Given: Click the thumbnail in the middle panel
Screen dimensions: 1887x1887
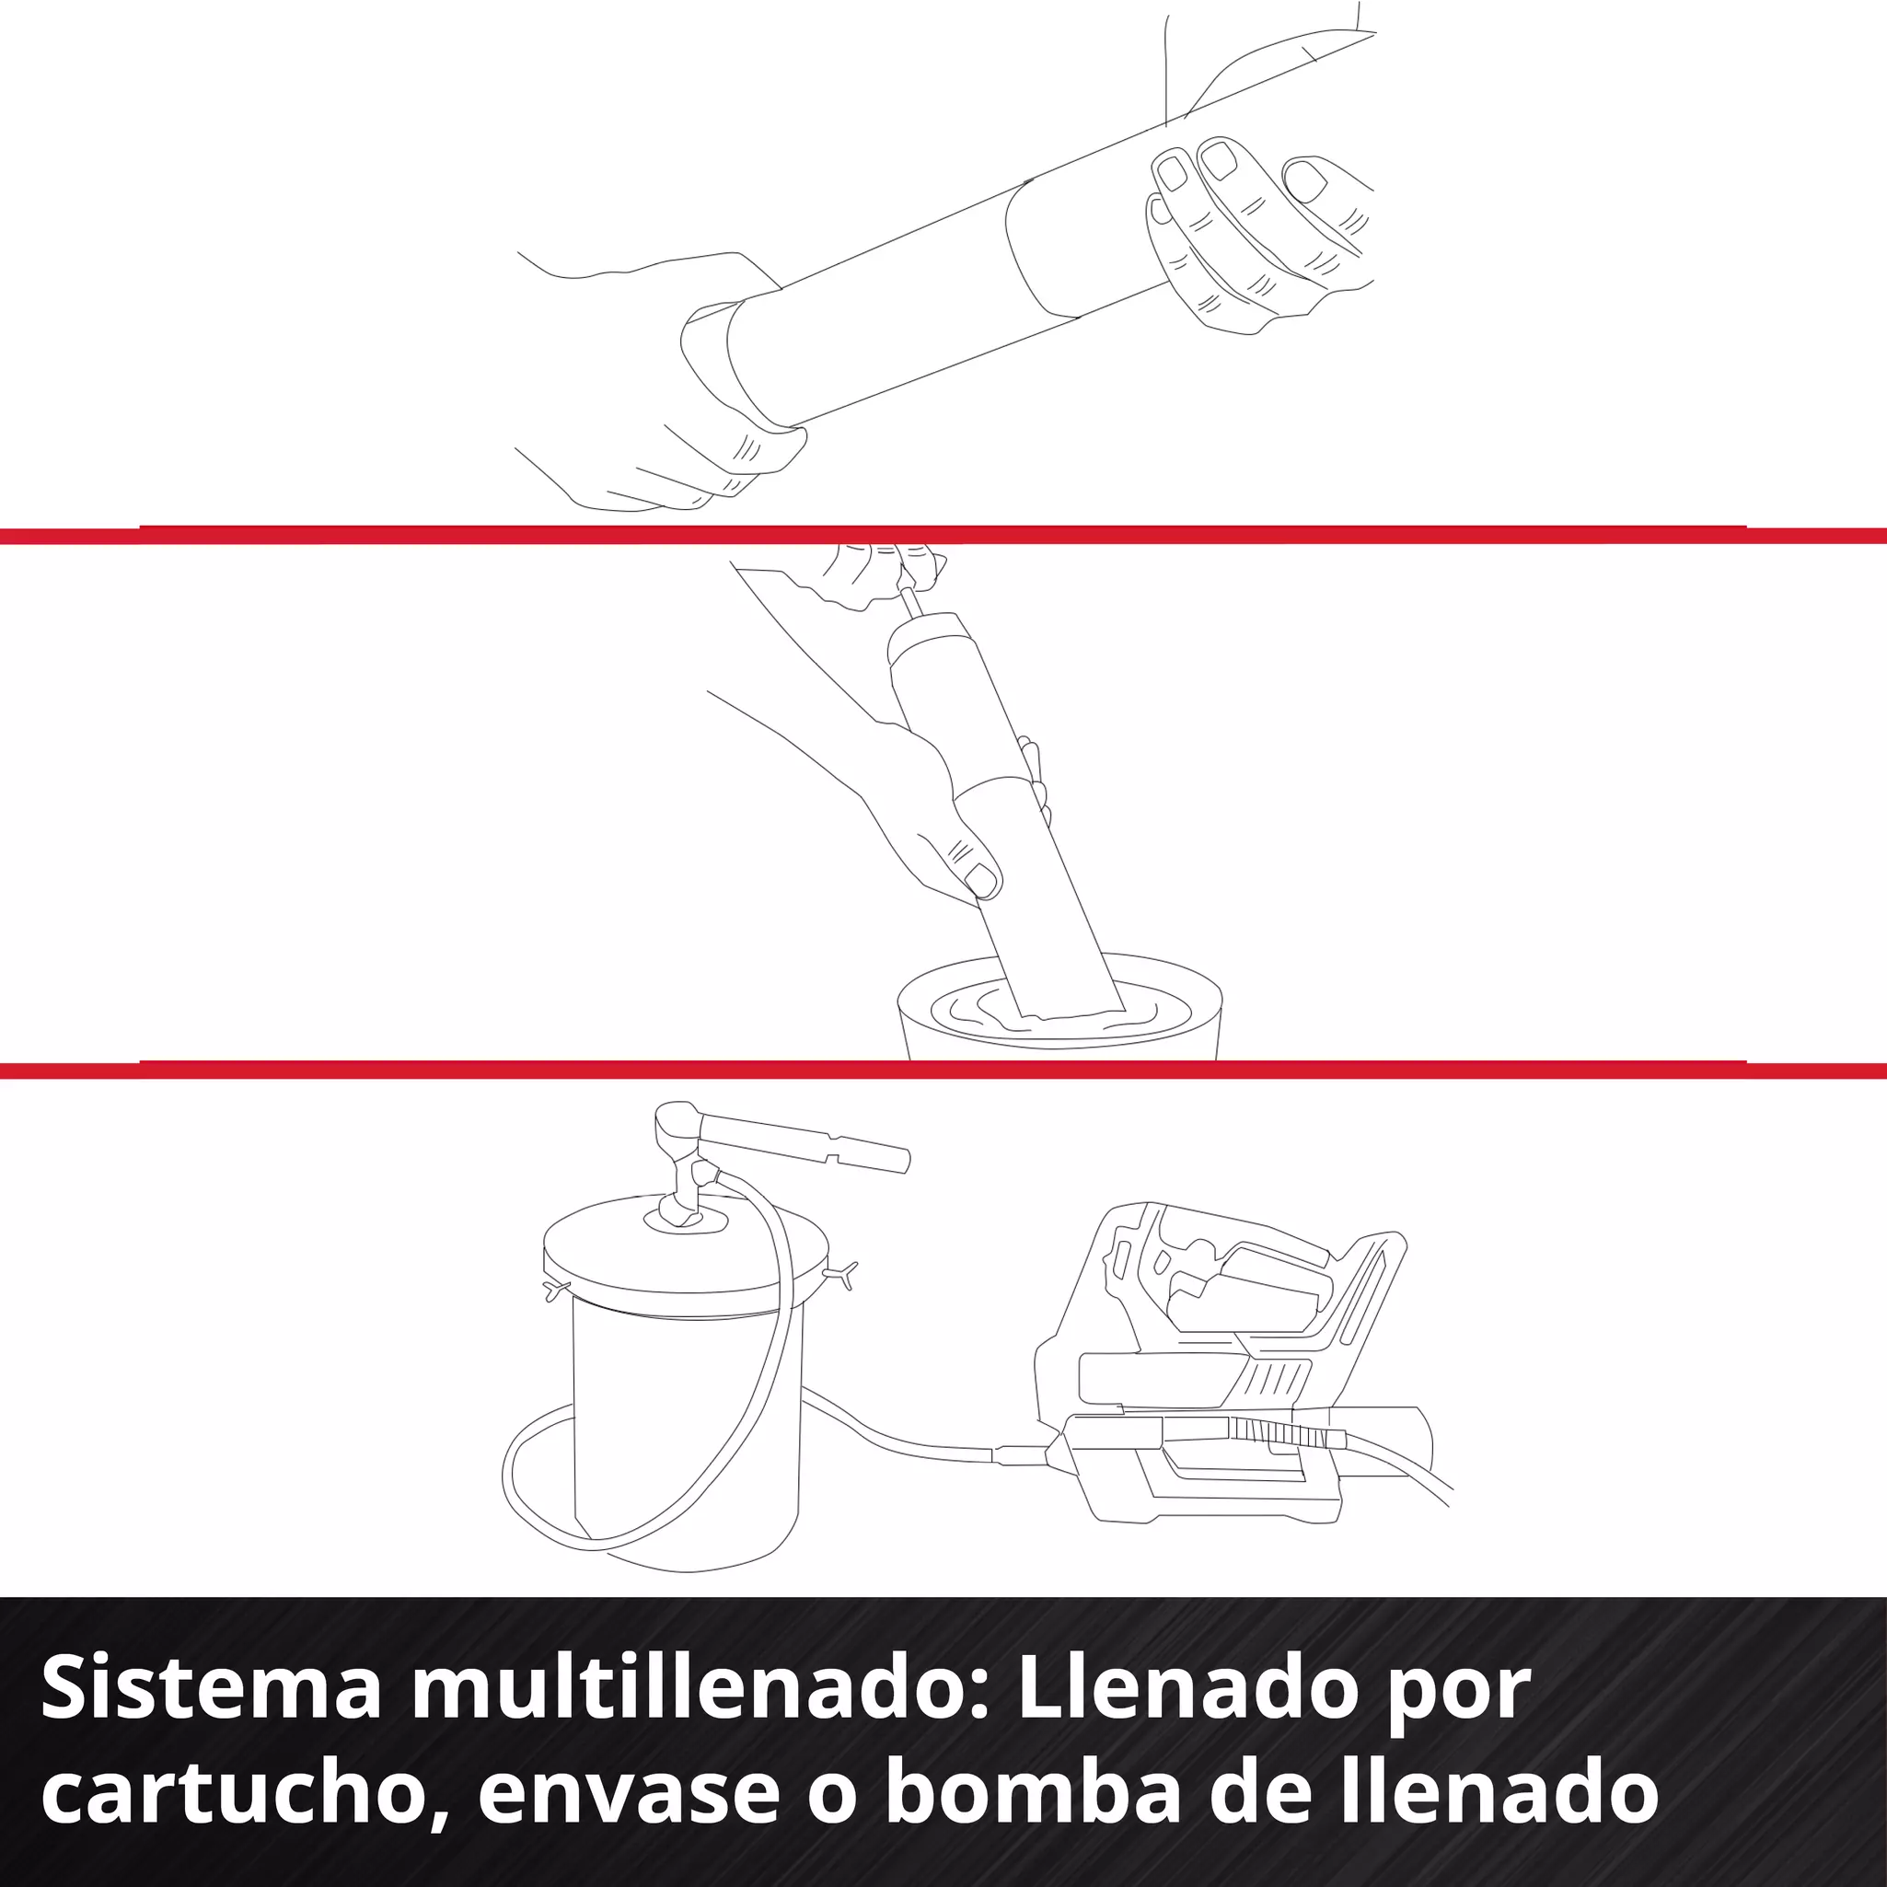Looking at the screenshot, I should (x=980, y=882).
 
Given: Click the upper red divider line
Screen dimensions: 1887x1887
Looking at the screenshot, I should (x=943, y=535).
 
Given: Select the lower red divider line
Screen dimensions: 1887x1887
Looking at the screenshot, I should (x=943, y=1071).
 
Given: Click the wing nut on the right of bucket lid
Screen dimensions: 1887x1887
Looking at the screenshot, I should (x=842, y=1274).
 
